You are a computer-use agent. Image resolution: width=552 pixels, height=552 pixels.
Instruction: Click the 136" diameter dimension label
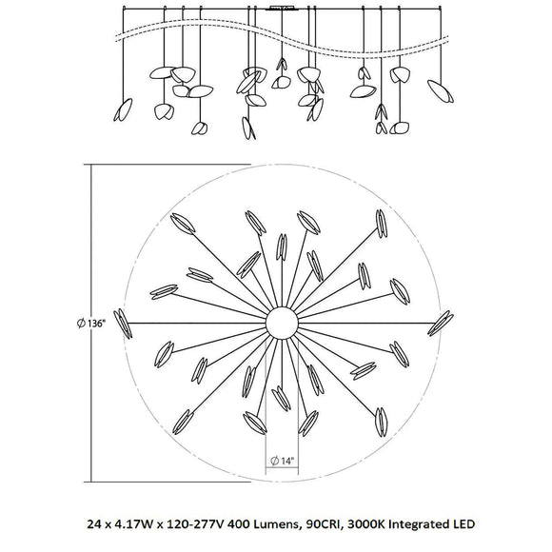tap(91, 324)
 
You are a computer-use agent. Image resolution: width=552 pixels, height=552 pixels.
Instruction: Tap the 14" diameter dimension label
tap(283, 461)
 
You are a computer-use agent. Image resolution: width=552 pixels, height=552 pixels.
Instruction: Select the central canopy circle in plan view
tap(282, 324)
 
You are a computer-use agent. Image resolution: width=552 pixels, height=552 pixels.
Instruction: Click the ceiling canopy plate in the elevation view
tap(282, 8)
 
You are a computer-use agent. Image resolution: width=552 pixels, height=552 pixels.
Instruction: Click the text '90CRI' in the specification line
tap(325, 524)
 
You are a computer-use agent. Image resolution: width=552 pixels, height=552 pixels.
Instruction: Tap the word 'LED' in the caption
tap(463, 524)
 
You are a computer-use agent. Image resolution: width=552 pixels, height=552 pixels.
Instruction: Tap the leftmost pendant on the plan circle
tap(123, 324)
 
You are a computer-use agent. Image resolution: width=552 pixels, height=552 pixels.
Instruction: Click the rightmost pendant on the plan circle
tap(441, 324)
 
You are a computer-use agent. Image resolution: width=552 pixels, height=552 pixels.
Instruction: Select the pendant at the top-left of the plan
tap(183, 224)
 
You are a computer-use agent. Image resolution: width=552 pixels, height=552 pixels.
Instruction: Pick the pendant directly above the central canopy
tap(282, 247)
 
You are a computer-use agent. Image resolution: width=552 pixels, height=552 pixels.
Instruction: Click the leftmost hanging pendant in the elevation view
tap(123, 109)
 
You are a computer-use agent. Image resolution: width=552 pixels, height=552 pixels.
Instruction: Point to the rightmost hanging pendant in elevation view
tap(441, 91)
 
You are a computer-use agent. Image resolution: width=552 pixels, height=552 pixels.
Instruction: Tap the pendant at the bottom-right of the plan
tap(381, 423)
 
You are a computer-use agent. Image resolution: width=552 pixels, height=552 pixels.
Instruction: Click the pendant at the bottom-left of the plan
tap(183, 422)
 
